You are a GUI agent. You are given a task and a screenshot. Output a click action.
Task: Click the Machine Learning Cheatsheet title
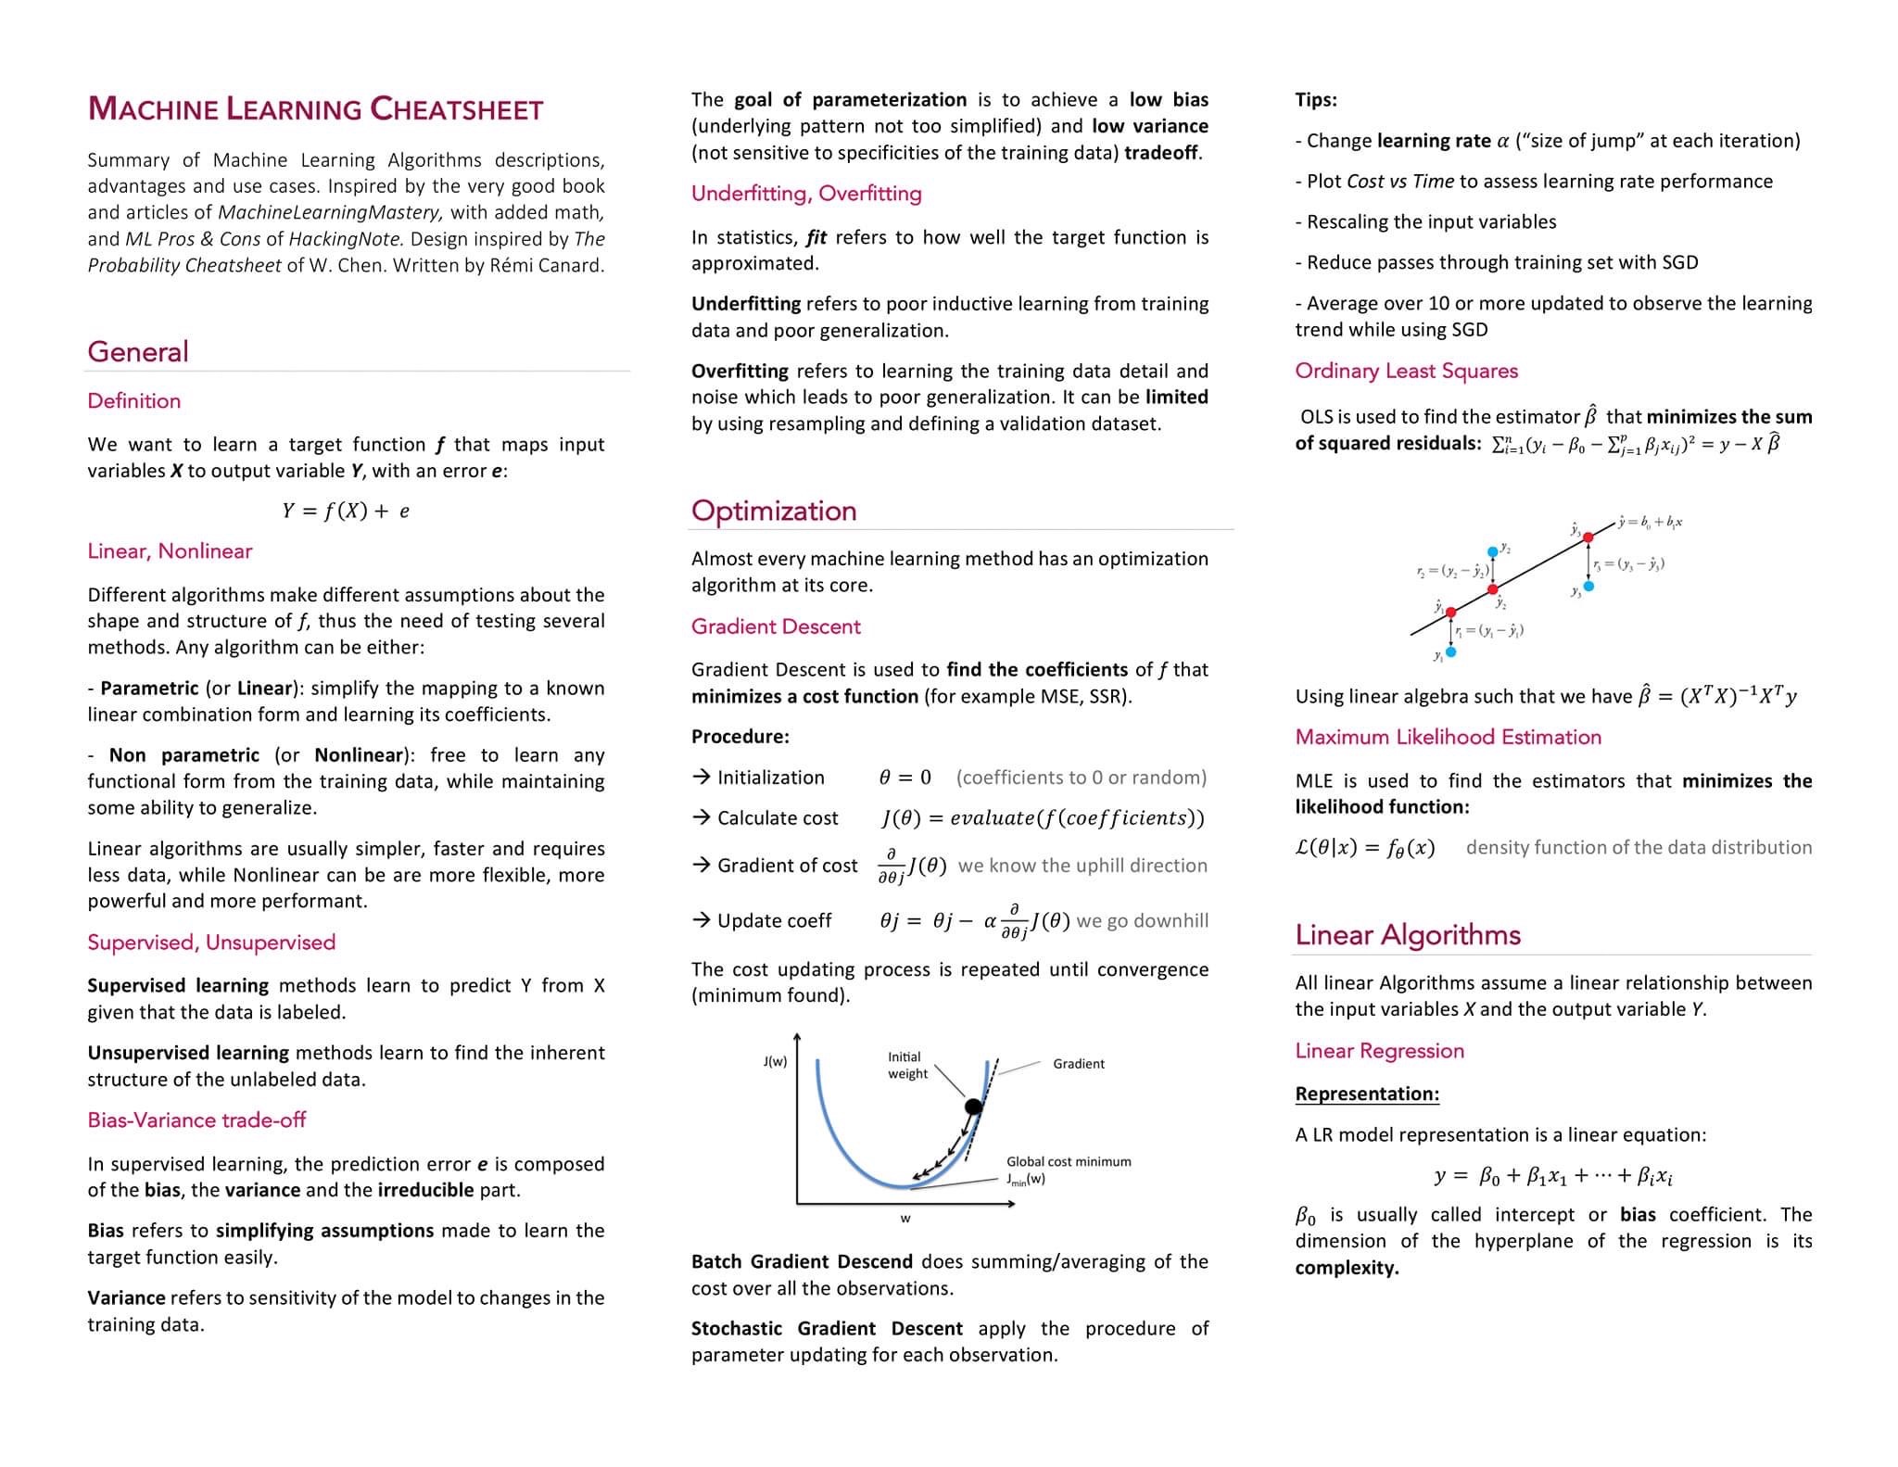(x=315, y=109)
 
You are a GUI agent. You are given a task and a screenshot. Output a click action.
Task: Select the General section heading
(x=138, y=352)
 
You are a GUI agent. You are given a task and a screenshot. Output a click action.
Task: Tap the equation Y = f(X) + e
(x=346, y=511)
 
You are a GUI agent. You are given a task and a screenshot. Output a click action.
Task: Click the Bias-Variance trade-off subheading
(x=196, y=1119)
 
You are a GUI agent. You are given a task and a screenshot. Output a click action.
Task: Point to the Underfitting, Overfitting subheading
(x=806, y=194)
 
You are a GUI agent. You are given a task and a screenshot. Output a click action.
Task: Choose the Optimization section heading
(x=774, y=511)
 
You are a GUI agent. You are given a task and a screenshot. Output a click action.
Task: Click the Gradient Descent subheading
(x=776, y=626)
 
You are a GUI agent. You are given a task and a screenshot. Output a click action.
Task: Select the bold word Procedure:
(x=740, y=737)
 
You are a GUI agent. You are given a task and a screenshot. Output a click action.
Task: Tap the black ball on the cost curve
(x=973, y=1107)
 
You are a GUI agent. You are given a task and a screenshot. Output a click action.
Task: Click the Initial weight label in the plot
(x=906, y=1066)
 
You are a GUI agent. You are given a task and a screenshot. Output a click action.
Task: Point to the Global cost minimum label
(x=1069, y=1162)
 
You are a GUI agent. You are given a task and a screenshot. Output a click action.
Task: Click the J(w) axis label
(x=775, y=1061)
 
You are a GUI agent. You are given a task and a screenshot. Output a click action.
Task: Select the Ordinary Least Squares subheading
(x=1406, y=371)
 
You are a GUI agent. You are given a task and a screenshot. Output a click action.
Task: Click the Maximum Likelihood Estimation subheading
(x=1448, y=737)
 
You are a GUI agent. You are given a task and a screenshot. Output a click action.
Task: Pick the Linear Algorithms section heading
(x=1408, y=934)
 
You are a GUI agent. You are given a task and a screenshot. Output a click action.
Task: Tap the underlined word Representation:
(x=1367, y=1094)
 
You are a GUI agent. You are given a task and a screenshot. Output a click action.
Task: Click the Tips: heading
(x=1316, y=100)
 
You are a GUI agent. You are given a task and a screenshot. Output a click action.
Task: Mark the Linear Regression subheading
(x=1379, y=1051)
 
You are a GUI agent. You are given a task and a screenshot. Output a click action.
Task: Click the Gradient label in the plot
(x=1079, y=1064)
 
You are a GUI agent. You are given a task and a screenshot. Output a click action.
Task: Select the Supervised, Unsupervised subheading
(x=211, y=942)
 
